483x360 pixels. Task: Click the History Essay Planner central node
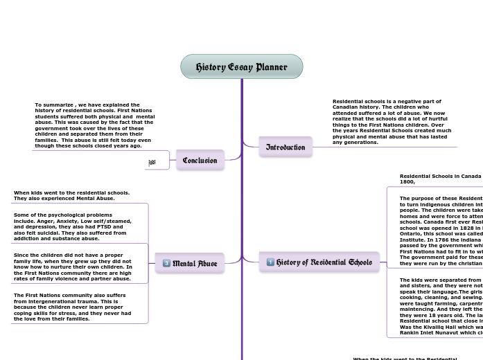[241, 67]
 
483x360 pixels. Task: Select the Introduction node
[286, 147]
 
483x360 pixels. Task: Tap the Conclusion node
[200, 160]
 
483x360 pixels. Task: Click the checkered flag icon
[152, 163]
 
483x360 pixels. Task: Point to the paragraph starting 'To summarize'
[95, 125]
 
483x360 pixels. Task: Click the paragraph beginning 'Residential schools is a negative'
[392, 122]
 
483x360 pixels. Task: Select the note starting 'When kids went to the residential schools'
[72, 195]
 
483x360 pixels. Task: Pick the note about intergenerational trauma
[72, 307]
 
